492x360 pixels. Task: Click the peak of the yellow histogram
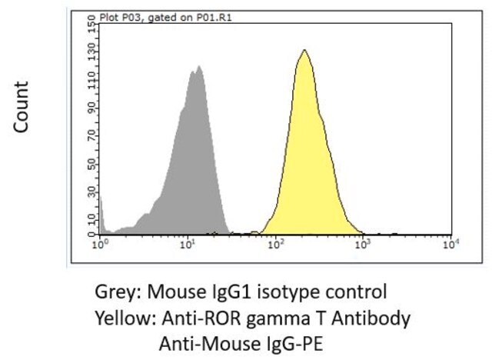[304, 50]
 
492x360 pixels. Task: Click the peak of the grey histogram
[198, 66]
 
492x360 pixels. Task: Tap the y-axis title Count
[21, 107]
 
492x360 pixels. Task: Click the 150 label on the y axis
[91, 22]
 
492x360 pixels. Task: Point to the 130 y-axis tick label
[91, 49]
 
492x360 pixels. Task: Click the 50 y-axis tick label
[91, 164]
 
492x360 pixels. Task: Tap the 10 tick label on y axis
[91, 219]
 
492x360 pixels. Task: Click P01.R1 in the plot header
[214, 18]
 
